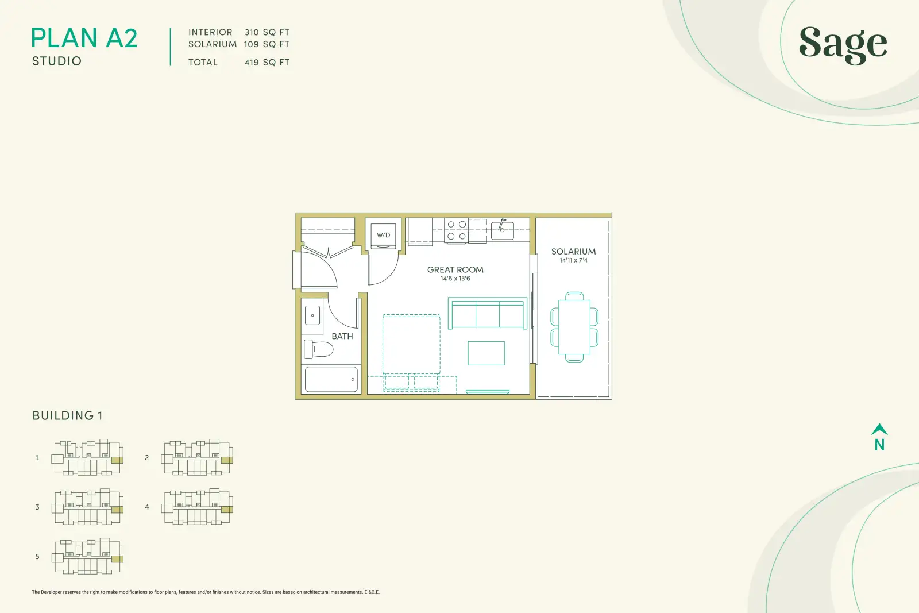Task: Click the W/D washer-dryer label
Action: pos(383,235)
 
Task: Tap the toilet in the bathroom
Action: pos(318,349)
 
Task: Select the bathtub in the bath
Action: pos(331,380)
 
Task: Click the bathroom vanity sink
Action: pos(312,315)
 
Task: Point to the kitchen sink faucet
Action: pos(502,225)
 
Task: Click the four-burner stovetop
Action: pos(456,230)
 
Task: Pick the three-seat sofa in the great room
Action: pos(488,313)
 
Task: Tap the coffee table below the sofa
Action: pos(486,353)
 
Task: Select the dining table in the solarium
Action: pos(574,327)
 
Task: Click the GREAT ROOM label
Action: pos(455,269)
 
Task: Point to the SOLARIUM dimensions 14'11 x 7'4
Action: pos(574,260)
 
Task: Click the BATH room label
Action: pos(342,337)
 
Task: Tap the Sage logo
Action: pos(843,45)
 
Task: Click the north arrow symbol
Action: pos(879,429)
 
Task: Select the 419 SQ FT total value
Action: pos(267,63)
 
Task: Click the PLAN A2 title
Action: pos(84,38)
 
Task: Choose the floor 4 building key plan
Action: pos(197,507)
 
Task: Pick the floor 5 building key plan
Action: pos(87,556)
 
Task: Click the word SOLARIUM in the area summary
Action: pos(213,44)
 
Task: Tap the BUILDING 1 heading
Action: pos(67,415)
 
